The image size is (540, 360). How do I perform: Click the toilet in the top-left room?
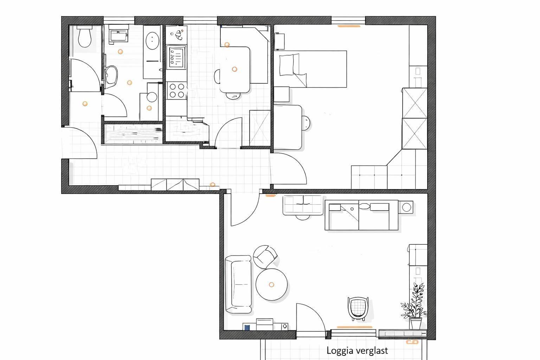pyautogui.click(x=85, y=37)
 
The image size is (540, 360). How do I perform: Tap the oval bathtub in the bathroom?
pyautogui.click(x=152, y=41)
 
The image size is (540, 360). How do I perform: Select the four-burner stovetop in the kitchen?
pyautogui.click(x=176, y=90)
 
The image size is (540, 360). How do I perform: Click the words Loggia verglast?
pyautogui.click(x=357, y=351)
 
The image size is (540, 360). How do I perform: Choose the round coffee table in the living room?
pyautogui.click(x=271, y=284)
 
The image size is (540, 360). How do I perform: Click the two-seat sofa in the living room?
pyautogui.click(x=238, y=284)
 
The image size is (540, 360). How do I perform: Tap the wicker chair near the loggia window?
pyautogui.click(x=358, y=308)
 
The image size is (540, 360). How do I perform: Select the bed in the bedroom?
pyautogui.click(x=310, y=69)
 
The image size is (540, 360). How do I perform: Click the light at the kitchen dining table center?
pyautogui.click(x=234, y=70)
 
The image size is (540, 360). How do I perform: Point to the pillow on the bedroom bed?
pyautogui.click(x=287, y=65)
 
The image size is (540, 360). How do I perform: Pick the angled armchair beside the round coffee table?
pyautogui.click(x=265, y=257)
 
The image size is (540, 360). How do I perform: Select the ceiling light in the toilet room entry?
pyautogui.click(x=85, y=104)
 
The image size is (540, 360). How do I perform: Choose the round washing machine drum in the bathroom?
pyautogui.click(x=152, y=97)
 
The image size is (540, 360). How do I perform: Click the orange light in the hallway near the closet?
pyautogui.click(x=212, y=185)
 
